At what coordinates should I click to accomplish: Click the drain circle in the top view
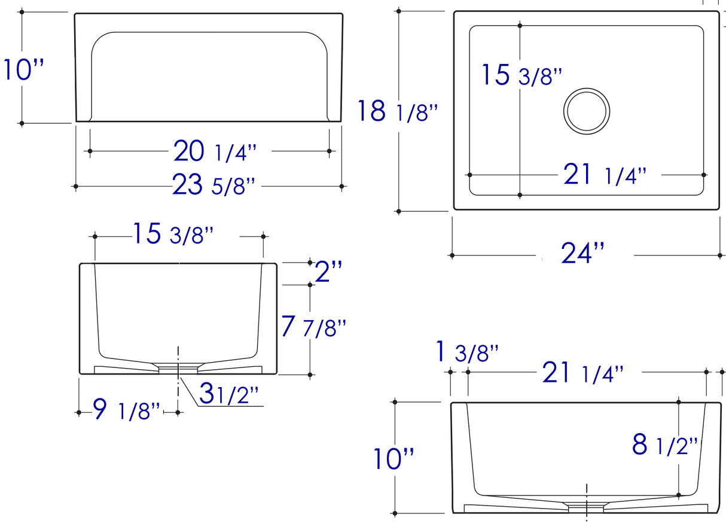[587, 111]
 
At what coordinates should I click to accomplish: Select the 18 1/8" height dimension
[398, 112]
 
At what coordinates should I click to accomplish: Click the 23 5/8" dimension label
[214, 186]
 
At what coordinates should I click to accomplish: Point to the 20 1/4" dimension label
[215, 151]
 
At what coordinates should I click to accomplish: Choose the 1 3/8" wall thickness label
[466, 353]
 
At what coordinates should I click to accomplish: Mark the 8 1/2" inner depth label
[664, 446]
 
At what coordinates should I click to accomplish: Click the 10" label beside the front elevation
[24, 70]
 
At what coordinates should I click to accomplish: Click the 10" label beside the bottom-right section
[394, 460]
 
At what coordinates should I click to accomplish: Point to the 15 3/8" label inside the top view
[522, 76]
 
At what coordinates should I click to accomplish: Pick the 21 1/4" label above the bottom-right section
[582, 374]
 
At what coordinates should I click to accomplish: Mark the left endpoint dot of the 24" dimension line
[452, 256]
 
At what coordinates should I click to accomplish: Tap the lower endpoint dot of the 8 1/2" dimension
[679, 495]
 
